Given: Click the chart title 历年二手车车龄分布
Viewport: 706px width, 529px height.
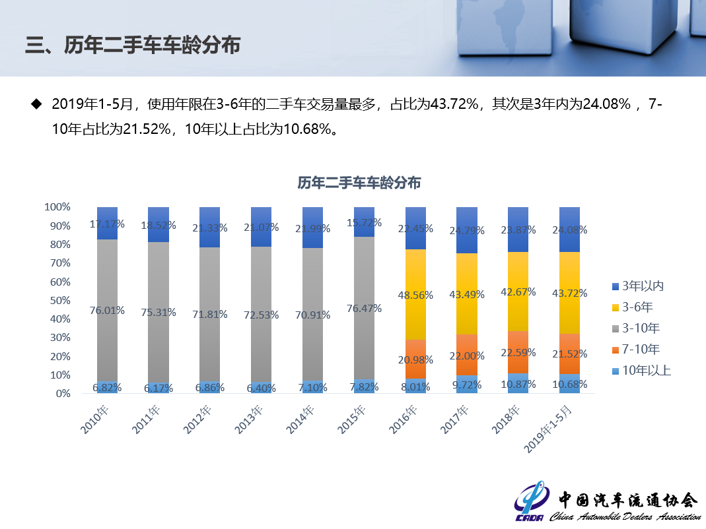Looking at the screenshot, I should pyautogui.click(x=359, y=183).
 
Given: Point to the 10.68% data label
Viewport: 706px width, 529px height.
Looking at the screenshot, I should pyautogui.click(x=570, y=385).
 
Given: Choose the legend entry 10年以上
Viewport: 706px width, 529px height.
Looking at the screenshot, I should pyautogui.click(x=641, y=371).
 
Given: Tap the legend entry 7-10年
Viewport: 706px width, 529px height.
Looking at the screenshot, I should pyautogui.click(x=637, y=350).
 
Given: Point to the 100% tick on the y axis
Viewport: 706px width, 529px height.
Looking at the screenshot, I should pyautogui.click(x=57, y=207).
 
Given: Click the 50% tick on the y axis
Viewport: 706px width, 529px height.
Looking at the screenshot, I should pyautogui.click(x=60, y=301).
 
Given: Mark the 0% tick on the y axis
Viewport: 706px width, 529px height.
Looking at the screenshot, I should pyautogui.click(x=63, y=394).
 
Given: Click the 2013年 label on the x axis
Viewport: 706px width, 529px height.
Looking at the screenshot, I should pyautogui.click(x=248, y=420).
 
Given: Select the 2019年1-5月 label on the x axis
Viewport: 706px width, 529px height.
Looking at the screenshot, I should pyautogui.click(x=548, y=429).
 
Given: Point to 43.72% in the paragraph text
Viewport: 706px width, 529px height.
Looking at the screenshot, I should pyautogui.click(x=454, y=104).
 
